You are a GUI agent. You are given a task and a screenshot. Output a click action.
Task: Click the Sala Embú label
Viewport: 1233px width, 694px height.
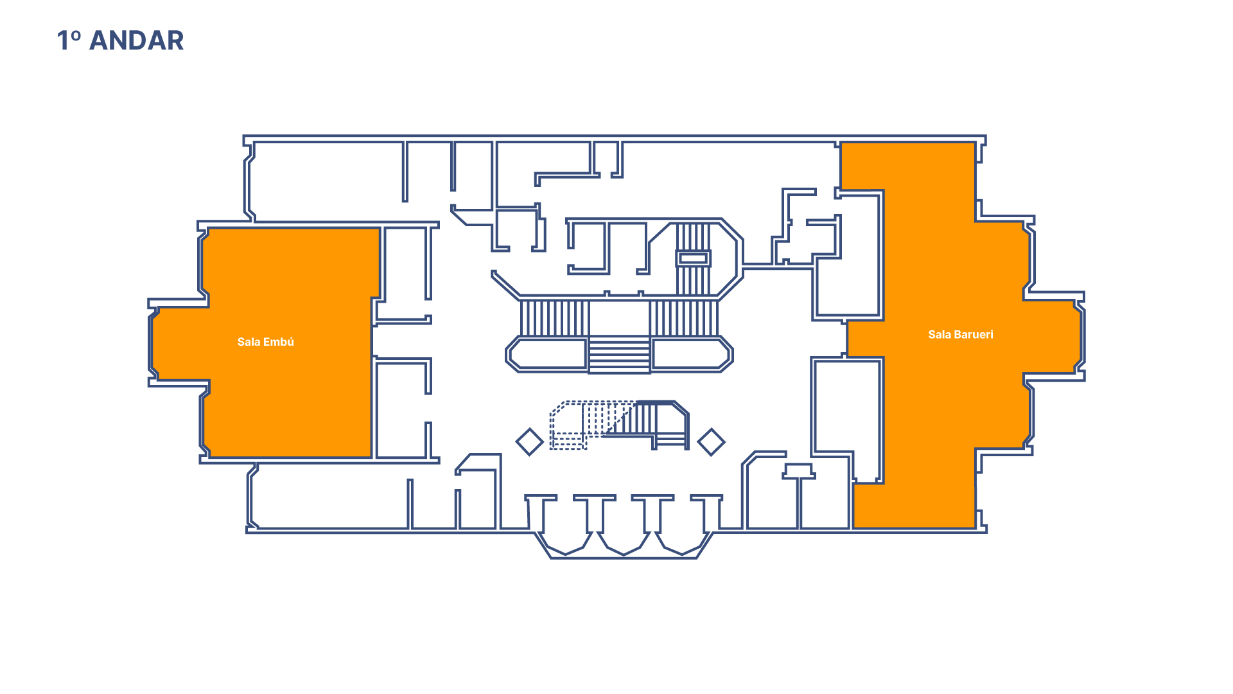(x=265, y=342)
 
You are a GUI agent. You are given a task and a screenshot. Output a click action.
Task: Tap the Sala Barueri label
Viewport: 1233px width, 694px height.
(x=960, y=334)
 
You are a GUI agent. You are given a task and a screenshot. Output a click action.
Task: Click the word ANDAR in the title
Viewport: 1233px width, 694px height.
(x=136, y=40)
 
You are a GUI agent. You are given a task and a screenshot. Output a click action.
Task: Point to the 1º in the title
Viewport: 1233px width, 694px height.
(x=69, y=40)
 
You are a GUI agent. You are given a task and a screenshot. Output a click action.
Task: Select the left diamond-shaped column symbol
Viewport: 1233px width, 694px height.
(x=530, y=442)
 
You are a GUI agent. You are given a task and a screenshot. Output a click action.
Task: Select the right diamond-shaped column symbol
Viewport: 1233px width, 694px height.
(x=711, y=442)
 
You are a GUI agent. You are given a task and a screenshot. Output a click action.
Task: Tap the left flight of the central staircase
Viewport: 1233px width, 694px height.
(x=554, y=317)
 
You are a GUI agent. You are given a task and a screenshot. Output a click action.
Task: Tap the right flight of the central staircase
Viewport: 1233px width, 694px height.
(x=683, y=317)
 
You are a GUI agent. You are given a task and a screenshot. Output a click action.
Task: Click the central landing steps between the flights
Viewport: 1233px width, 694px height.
(x=620, y=355)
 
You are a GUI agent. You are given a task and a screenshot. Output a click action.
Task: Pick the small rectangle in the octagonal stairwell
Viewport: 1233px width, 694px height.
(x=693, y=258)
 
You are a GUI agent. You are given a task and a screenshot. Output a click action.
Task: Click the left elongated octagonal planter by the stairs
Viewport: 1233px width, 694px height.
(x=547, y=354)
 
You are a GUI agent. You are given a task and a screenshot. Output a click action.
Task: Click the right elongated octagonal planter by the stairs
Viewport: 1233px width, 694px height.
(x=692, y=354)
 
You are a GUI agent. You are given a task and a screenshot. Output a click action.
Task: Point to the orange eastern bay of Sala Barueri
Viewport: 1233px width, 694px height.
(x=1053, y=337)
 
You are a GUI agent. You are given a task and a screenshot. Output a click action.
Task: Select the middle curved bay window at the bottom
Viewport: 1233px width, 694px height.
(x=622, y=544)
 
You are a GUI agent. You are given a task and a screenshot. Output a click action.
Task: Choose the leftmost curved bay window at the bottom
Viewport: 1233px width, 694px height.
(x=566, y=544)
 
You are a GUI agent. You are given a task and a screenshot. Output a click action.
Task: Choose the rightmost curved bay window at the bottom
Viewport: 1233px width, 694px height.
(x=681, y=544)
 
